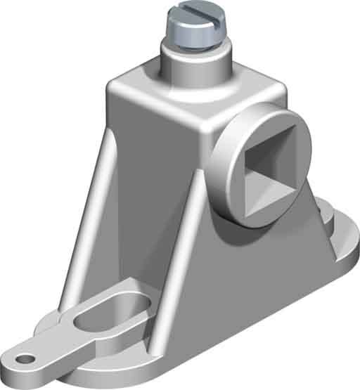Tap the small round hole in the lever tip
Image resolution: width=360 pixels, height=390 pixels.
(25, 358)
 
